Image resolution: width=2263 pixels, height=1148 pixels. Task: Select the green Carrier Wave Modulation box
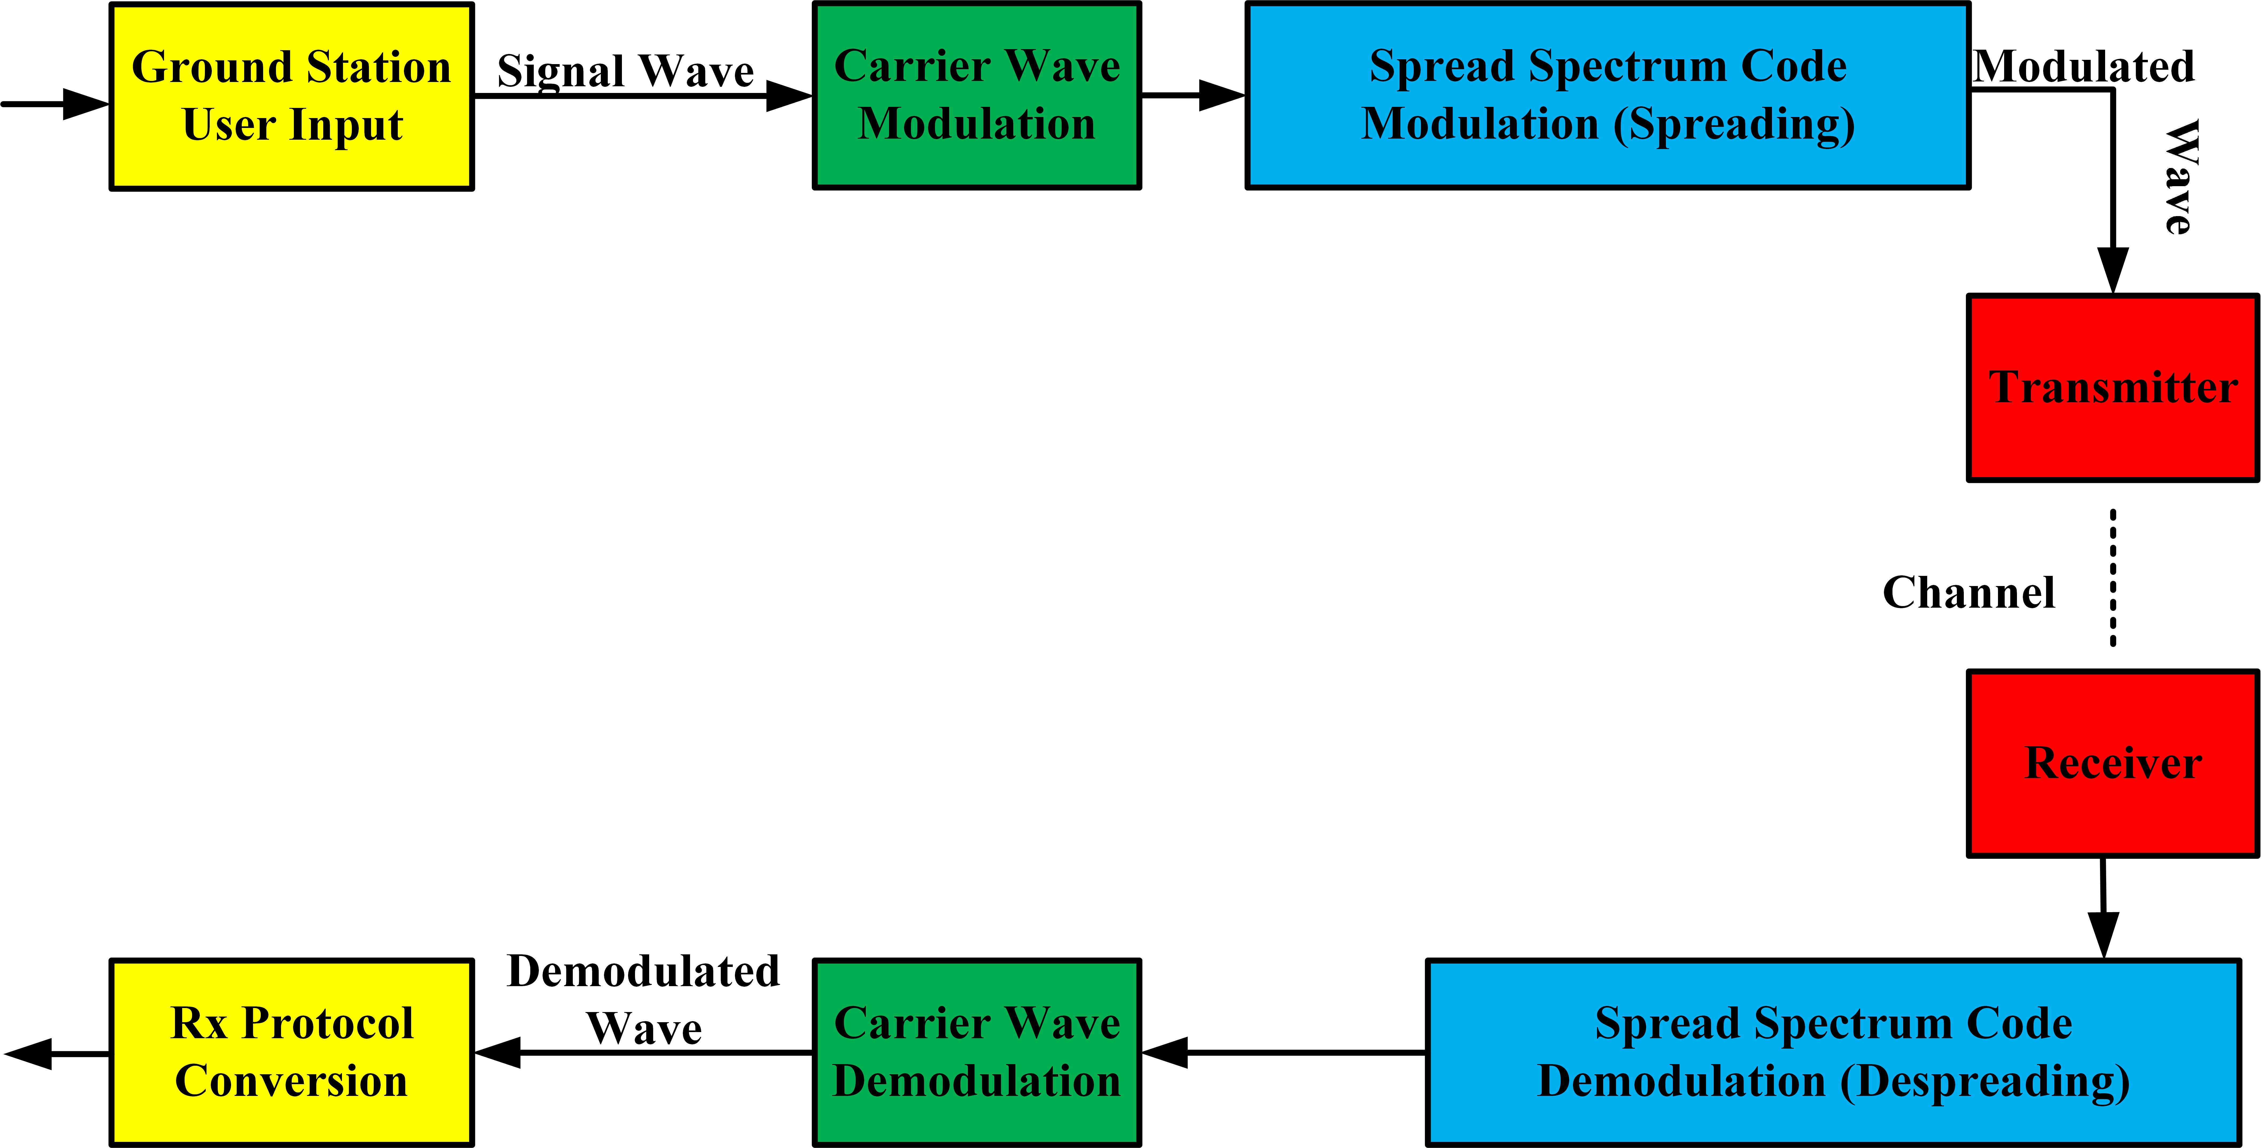point(977,95)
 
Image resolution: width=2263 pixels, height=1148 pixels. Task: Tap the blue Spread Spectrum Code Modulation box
point(1608,95)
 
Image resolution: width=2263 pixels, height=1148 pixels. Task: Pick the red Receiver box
point(2113,762)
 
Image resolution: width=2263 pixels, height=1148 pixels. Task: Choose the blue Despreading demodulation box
point(1833,1052)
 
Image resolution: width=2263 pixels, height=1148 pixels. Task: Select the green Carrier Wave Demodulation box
point(977,1052)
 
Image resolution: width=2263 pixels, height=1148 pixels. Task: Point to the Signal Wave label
point(625,70)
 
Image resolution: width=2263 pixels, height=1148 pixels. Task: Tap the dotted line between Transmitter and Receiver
point(2113,578)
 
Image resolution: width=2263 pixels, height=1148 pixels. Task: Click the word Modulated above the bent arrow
point(2084,67)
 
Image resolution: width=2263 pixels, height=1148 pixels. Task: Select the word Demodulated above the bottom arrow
point(643,971)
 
